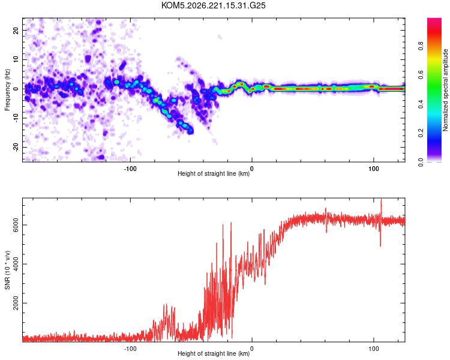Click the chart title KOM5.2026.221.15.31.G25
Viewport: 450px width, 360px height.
[x=213, y=5]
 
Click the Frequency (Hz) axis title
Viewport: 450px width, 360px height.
[x=7, y=90]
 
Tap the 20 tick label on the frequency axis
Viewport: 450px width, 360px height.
[x=16, y=30]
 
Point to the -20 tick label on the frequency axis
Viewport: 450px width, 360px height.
[x=16, y=147]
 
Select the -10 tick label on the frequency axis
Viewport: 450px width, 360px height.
[x=16, y=118]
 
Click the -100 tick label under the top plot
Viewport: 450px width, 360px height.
[x=130, y=169]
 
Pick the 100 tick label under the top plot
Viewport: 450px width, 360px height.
[x=374, y=169]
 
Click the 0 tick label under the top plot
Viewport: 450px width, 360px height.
[x=251, y=169]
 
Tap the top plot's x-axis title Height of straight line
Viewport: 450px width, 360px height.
[x=214, y=173]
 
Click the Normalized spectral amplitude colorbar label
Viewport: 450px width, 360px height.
[x=445, y=90]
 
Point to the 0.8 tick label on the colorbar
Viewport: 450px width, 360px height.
[x=421, y=46]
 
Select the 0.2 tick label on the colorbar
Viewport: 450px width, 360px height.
[x=421, y=133]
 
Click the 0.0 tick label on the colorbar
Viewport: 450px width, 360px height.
[x=421, y=162]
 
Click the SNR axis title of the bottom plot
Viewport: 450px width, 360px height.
[x=7, y=270]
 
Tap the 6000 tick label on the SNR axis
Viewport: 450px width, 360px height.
[x=16, y=225]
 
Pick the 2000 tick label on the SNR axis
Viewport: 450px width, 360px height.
[x=16, y=303]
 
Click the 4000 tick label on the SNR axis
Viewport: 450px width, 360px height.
[x=16, y=264]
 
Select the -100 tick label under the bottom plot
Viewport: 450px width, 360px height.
[x=130, y=349]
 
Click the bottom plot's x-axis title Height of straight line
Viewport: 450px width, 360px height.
[x=214, y=353]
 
